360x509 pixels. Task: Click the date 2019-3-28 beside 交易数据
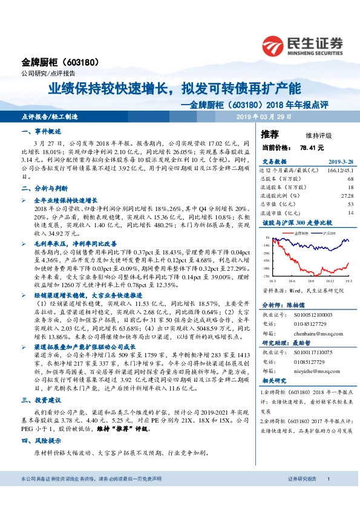pos(327,161)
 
